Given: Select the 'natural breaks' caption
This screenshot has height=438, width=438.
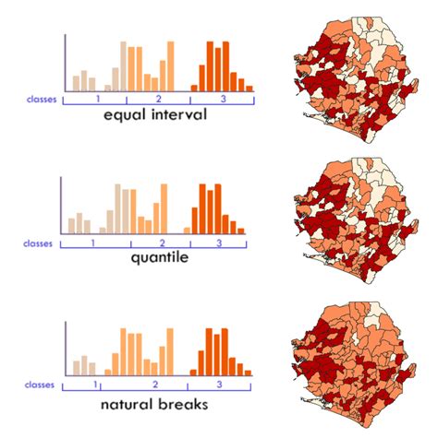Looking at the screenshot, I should point(154,403).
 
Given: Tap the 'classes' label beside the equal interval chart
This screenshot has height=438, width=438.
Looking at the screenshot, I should point(42,98).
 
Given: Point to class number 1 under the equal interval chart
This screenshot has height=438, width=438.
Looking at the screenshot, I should point(96,98).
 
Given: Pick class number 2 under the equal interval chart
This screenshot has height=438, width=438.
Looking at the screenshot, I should point(158,98).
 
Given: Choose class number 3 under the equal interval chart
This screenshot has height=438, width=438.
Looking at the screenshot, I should point(221,98).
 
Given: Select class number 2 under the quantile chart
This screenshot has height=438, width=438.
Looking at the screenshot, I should point(162,243).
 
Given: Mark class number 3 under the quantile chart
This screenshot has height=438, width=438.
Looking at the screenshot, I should point(219,243).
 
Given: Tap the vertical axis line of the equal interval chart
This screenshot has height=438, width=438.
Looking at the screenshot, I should point(65,63).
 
